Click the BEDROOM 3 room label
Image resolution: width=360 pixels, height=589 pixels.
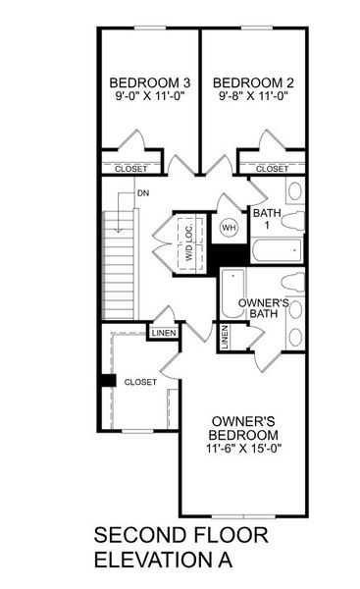150,81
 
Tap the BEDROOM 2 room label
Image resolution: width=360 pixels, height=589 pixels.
254,81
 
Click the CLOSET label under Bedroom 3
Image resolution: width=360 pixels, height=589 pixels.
131,169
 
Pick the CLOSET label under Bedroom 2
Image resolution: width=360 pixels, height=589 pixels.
273,169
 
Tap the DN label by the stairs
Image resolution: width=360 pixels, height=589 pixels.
143,193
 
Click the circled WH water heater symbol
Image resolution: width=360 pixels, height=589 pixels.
229,228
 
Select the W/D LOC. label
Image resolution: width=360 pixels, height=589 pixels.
184,239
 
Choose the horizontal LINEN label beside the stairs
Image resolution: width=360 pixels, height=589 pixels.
163,334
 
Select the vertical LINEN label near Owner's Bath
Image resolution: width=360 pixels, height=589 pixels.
226,339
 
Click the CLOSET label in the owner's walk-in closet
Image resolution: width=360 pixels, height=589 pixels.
140,382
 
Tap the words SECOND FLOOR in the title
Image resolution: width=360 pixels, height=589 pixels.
180,536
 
